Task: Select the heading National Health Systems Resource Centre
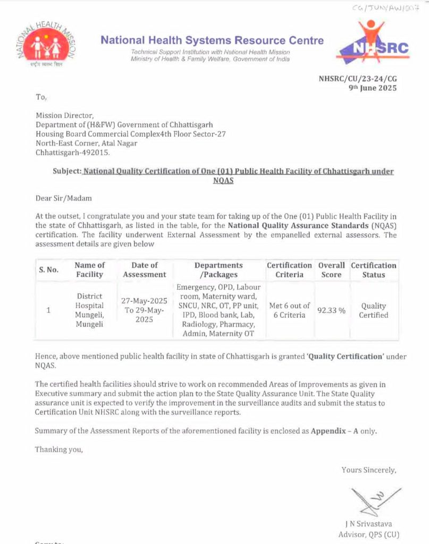tap(212, 40)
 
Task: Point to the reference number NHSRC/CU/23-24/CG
tap(358, 79)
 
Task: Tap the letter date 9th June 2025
tap(372, 88)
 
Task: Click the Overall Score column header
tap(331, 270)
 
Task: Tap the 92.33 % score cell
tap(331, 310)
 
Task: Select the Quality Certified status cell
tap(373, 310)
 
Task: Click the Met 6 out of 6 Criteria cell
tap(289, 310)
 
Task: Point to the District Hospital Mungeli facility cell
tap(89, 310)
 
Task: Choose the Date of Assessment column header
tap(145, 270)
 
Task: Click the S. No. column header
tap(48, 270)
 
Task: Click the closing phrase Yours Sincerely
tap(368, 470)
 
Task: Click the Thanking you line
tap(59, 449)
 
